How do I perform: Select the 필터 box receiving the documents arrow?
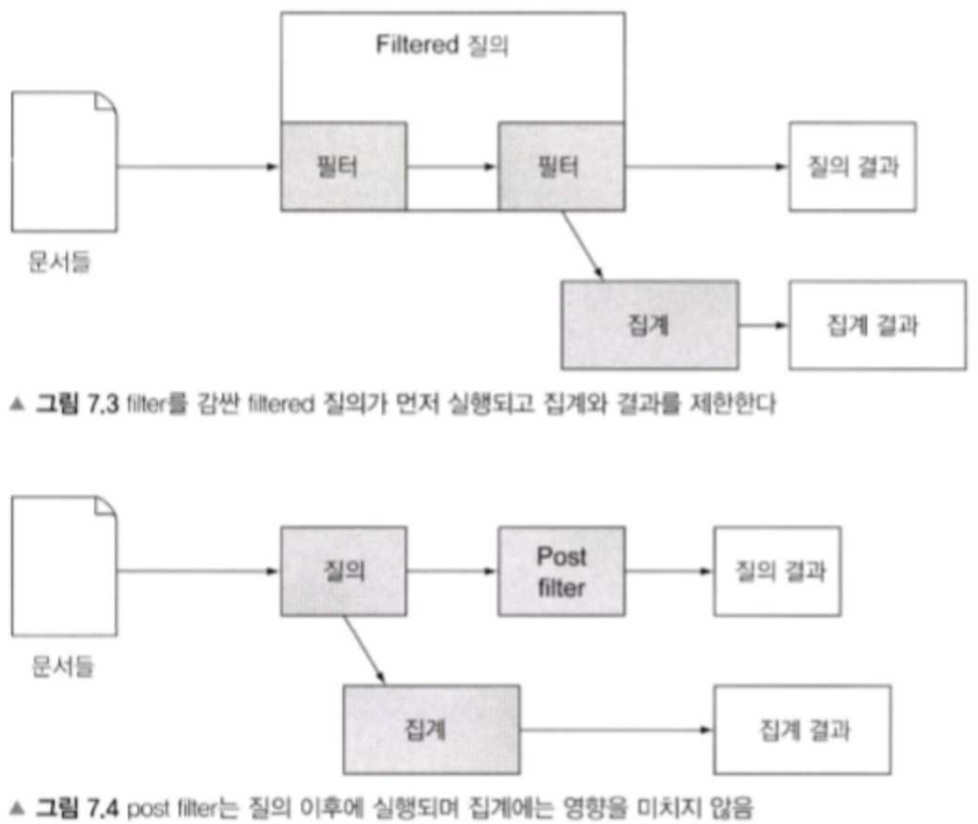[x=343, y=166]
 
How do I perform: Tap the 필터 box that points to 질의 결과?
[x=561, y=166]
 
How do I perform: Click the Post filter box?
[x=561, y=570]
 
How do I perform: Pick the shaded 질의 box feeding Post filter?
[x=343, y=571]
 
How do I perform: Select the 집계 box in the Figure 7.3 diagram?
[x=649, y=325]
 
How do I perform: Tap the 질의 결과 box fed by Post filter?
[x=778, y=571]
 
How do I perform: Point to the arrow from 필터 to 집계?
[x=582, y=246]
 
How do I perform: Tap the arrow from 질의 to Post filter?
[x=452, y=571]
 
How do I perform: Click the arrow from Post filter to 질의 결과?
[x=669, y=571]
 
